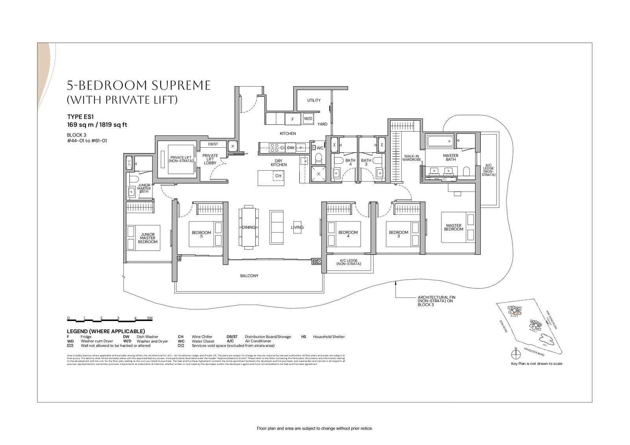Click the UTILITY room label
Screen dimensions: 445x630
click(x=314, y=100)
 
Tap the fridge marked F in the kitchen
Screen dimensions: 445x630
click(x=293, y=119)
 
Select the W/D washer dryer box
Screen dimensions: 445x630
click(x=308, y=118)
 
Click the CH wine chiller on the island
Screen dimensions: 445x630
click(x=278, y=176)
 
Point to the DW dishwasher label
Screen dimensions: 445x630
click(x=291, y=148)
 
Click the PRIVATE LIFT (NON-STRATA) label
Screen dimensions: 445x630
click(x=181, y=159)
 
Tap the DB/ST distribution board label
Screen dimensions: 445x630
click(x=213, y=144)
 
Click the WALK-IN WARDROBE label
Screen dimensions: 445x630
click(x=411, y=158)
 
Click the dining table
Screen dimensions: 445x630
click(x=248, y=227)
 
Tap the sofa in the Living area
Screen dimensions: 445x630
click(x=276, y=227)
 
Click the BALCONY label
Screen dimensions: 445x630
click(x=249, y=276)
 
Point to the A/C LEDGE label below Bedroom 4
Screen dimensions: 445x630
click(x=348, y=262)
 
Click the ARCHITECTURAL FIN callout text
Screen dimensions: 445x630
click(x=436, y=301)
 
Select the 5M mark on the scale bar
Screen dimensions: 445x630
click(x=150, y=318)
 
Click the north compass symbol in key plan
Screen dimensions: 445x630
click(x=515, y=354)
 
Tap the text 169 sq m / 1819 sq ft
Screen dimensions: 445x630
click(x=97, y=125)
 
